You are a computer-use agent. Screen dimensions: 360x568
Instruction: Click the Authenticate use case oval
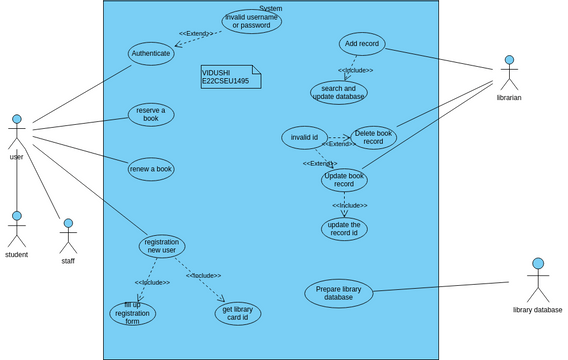click(x=151, y=54)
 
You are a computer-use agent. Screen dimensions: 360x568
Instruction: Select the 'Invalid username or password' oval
click(x=251, y=21)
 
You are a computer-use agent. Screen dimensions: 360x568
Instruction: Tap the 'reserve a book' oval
click(x=151, y=114)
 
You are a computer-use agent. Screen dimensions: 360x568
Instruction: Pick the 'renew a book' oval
click(x=151, y=169)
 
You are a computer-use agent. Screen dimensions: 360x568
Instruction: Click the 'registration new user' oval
click(x=162, y=246)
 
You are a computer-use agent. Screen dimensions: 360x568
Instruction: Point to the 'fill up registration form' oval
click(x=133, y=314)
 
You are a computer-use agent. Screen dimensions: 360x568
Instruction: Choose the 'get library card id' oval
click(x=238, y=313)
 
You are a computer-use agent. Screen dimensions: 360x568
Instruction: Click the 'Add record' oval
click(x=362, y=44)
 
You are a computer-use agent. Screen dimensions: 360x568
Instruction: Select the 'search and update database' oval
click(x=339, y=93)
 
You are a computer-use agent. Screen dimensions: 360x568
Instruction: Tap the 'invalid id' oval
click(x=304, y=137)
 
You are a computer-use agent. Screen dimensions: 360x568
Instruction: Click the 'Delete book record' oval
click(x=373, y=137)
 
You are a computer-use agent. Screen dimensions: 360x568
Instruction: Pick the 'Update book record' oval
click(x=344, y=180)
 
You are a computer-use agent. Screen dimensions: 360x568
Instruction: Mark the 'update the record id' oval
click(x=344, y=229)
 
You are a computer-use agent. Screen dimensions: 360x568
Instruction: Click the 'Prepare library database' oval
click(x=339, y=293)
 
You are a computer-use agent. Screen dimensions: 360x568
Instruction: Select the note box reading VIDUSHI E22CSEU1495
click(x=231, y=77)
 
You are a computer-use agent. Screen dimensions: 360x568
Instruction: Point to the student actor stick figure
click(x=17, y=229)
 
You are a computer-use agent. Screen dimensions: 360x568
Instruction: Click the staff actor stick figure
click(x=68, y=236)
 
